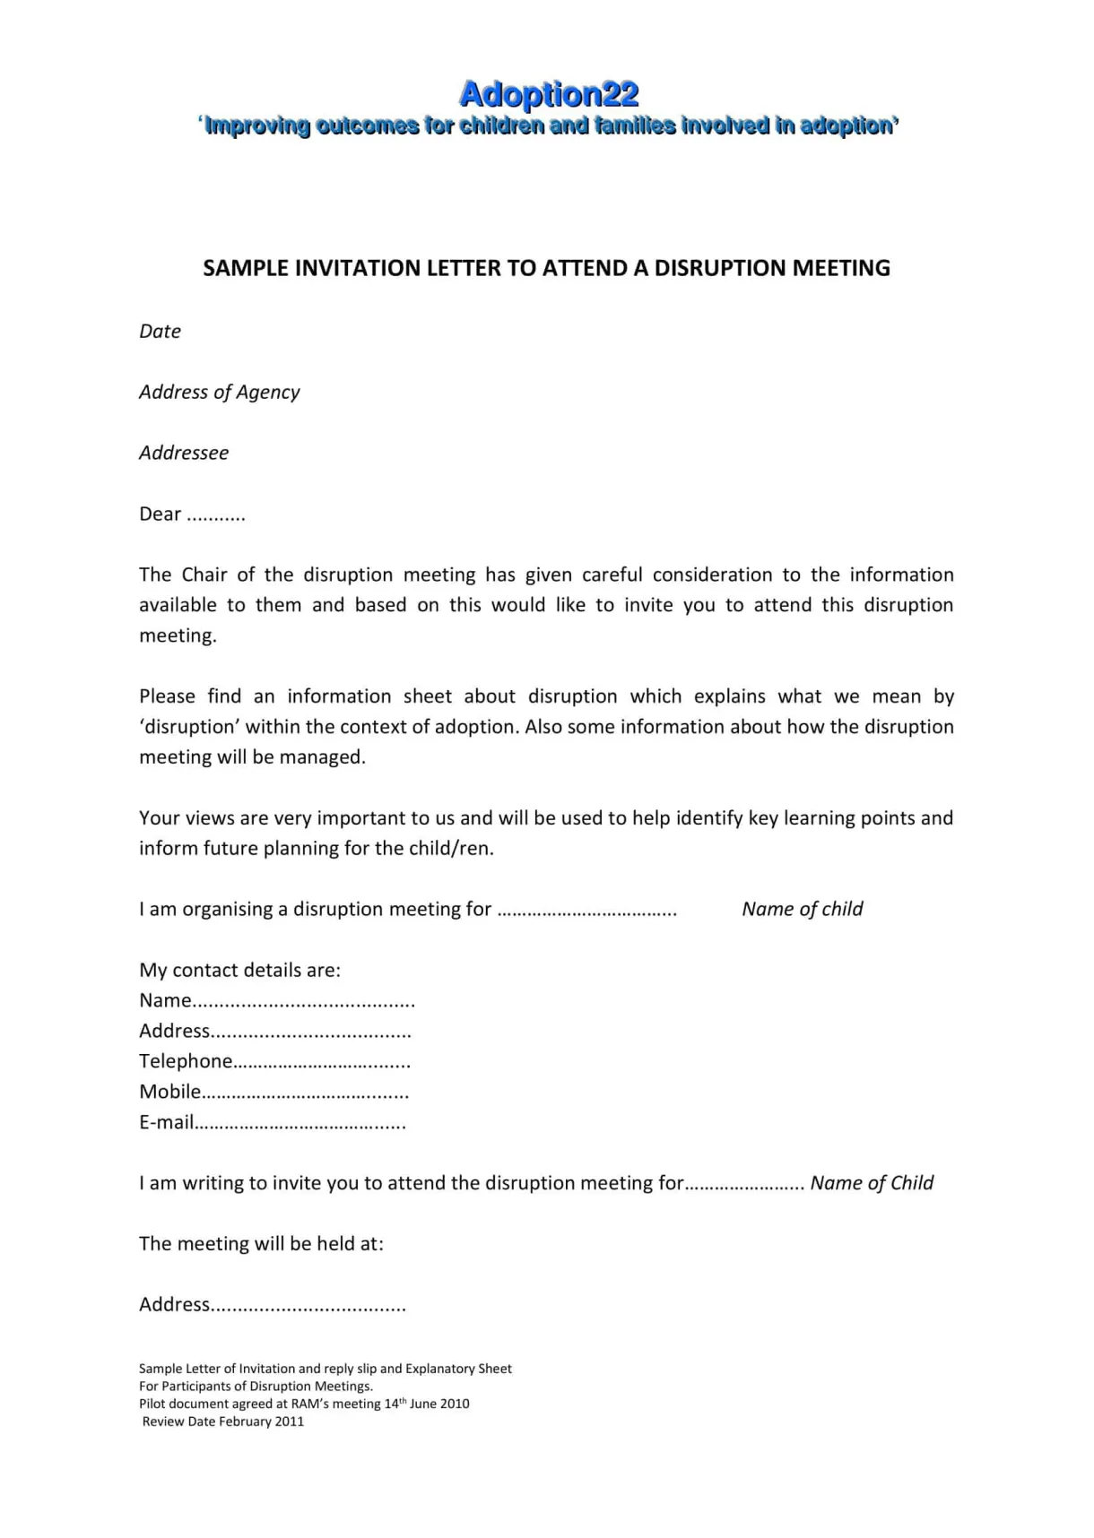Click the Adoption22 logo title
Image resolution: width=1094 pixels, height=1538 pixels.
point(548,94)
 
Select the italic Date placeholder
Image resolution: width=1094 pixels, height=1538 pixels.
point(160,332)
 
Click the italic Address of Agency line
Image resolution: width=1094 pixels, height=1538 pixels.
point(219,393)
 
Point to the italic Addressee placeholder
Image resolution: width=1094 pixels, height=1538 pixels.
point(184,454)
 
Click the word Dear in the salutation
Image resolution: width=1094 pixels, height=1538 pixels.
point(160,514)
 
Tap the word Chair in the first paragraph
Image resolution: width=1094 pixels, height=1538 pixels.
point(204,575)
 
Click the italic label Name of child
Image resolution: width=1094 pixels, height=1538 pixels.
point(802,910)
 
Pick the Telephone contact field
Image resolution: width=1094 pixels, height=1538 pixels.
point(274,1062)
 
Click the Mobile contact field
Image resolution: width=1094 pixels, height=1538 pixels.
point(273,1093)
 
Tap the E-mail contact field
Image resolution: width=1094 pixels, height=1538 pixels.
point(272,1123)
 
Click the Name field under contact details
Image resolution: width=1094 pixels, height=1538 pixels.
point(276,1001)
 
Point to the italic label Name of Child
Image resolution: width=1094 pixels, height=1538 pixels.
point(872,1183)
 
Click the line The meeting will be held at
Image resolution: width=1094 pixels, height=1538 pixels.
point(261,1244)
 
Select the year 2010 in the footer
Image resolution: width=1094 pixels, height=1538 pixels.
point(454,1404)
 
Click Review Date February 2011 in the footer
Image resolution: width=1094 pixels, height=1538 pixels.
point(222,1421)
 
